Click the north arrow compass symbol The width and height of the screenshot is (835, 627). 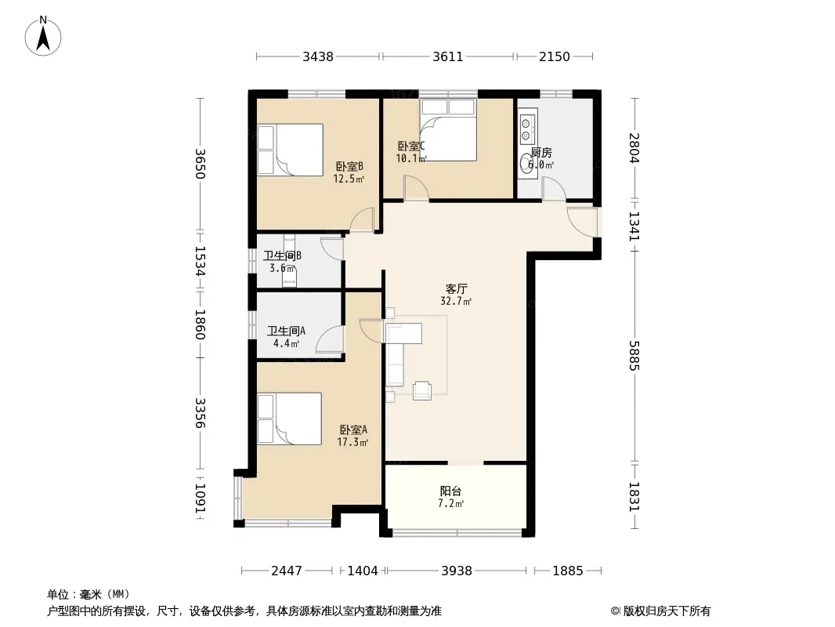point(43,36)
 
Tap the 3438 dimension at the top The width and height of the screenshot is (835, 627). point(318,56)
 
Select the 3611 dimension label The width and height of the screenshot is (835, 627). point(448,56)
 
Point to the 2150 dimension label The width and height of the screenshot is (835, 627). point(555,56)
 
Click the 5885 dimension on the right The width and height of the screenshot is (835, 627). point(634,355)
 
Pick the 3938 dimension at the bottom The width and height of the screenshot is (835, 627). point(457,571)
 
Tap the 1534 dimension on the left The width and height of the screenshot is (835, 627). point(201,261)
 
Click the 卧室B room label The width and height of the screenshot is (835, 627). point(349,167)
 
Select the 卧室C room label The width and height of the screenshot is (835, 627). point(411,146)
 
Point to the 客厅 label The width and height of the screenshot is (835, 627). point(457,288)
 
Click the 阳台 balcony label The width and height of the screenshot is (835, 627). point(450,491)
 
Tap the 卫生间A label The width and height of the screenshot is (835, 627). point(286,331)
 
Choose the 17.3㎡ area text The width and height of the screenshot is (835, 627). point(352,442)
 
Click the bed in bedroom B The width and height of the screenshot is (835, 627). point(291,150)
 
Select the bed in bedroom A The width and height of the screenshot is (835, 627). point(290,419)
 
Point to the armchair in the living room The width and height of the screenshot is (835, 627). point(422,390)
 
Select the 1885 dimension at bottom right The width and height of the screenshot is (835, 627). point(568,571)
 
